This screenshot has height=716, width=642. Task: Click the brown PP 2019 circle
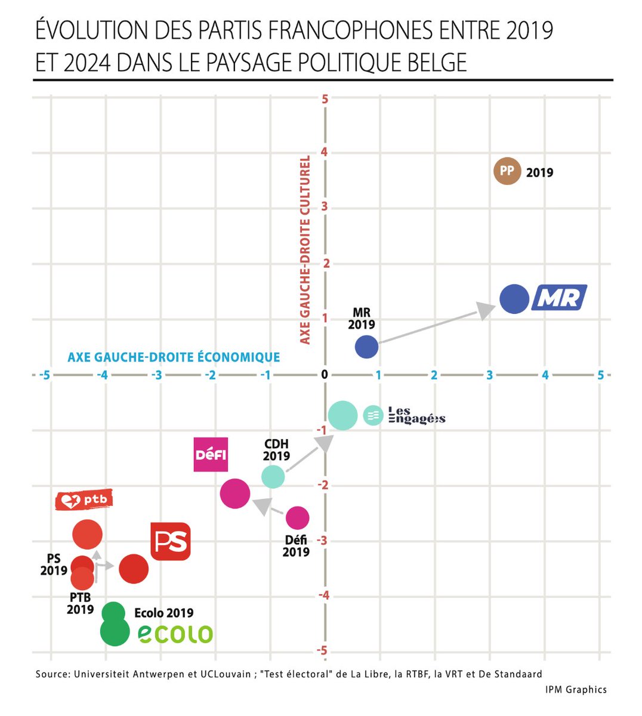point(507,171)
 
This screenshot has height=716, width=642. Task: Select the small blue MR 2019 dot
point(366,347)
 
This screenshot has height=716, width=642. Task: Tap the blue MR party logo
point(559,298)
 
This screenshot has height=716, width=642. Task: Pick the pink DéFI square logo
point(211,455)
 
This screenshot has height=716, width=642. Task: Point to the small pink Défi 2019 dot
point(297,518)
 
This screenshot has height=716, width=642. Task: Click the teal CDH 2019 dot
point(273,476)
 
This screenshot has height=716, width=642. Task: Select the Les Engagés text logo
point(416,415)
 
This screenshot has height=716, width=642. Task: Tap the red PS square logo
point(171,541)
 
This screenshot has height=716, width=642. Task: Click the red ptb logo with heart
point(84,500)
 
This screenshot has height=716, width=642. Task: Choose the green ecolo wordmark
point(175,634)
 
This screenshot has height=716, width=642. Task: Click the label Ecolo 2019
point(163,613)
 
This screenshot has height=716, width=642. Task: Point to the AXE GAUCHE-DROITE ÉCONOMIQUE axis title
point(174,357)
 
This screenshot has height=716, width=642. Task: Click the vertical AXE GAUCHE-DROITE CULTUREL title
point(305,250)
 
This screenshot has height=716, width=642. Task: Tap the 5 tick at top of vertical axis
point(325,99)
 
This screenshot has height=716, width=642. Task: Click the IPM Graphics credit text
point(575,690)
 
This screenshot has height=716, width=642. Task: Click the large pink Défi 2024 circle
point(234,493)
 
